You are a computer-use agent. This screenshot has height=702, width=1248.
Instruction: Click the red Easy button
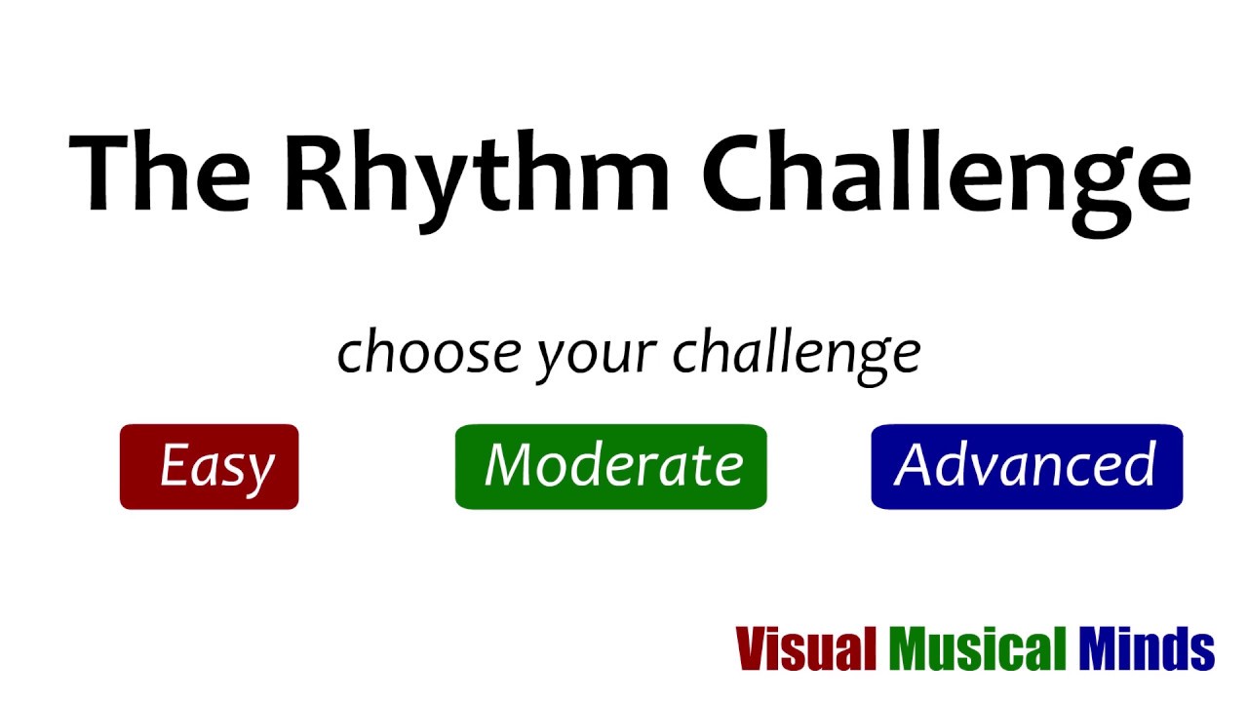(x=209, y=467)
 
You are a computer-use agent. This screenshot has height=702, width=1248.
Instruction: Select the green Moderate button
(x=611, y=467)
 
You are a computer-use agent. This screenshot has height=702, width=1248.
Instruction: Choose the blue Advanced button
(x=1027, y=467)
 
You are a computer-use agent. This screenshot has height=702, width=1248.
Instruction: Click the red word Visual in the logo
(x=806, y=648)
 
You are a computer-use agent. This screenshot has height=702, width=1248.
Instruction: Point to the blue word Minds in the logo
(x=1147, y=648)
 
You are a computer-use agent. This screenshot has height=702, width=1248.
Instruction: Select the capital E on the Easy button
(x=175, y=465)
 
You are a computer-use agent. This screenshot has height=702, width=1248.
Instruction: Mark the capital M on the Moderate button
(x=509, y=465)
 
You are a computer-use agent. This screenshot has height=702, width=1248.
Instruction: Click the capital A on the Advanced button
(x=916, y=465)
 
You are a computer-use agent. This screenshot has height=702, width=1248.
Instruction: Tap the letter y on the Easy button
(x=259, y=474)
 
